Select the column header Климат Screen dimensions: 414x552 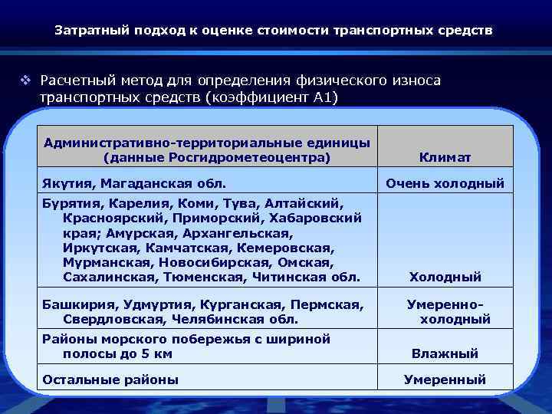point(445,157)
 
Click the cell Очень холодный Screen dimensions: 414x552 point(445,183)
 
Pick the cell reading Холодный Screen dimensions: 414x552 point(445,277)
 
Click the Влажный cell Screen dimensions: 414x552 point(445,353)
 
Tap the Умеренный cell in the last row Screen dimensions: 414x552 point(445,379)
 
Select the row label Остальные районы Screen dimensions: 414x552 point(110,379)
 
